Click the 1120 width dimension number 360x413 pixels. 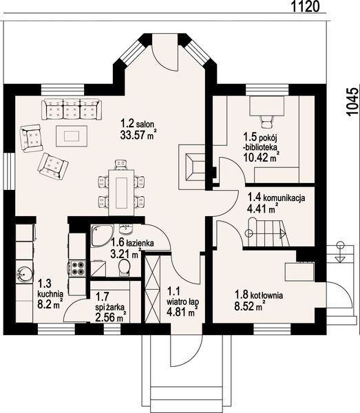[305, 6]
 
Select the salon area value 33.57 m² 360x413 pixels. [137, 135]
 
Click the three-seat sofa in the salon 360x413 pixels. [72, 109]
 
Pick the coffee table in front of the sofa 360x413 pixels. [72, 136]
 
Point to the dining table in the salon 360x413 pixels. [122, 189]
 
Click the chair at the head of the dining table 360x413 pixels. [121, 165]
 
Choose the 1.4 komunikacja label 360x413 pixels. [276, 197]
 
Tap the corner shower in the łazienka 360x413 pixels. [102, 235]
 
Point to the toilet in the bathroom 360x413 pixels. [124, 267]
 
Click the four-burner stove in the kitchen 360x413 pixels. [77, 268]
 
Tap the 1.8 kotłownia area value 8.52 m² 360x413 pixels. [249, 306]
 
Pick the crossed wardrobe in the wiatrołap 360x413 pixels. [153, 288]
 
